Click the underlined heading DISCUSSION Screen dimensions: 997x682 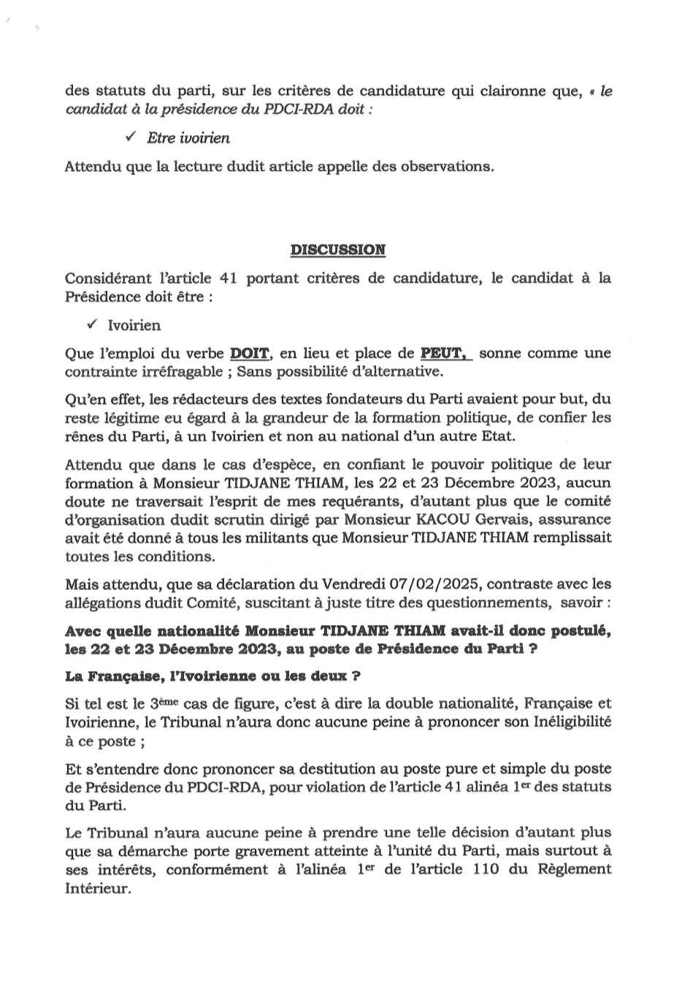click(x=338, y=250)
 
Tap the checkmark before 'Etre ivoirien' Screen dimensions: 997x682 click(x=131, y=137)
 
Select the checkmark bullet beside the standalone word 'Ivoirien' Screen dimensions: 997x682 click(x=92, y=324)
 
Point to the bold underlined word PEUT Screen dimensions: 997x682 click(x=445, y=354)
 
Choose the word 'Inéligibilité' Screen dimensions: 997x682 click(x=570, y=722)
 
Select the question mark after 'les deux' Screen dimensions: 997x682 click(x=356, y=676)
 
